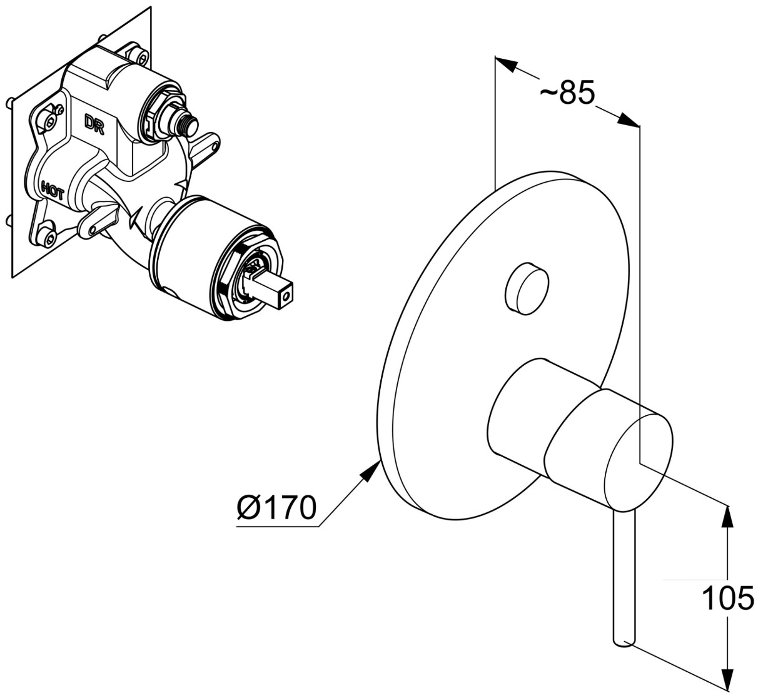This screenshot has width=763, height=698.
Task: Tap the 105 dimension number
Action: (x=727, y=599)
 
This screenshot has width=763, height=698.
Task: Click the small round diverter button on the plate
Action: (x=527, y=287)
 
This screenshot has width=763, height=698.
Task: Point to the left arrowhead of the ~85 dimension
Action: (x=507, y=64)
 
